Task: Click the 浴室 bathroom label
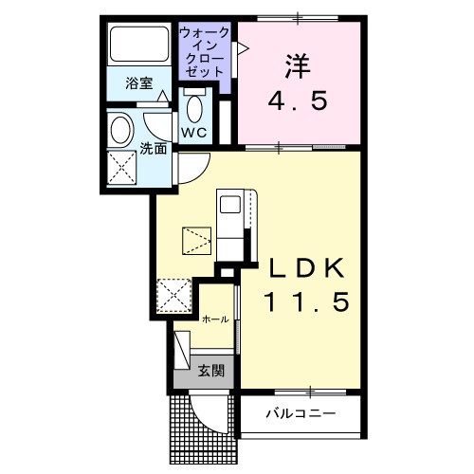[139, 83]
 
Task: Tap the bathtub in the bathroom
[139, 45]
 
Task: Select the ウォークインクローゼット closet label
[205, 52]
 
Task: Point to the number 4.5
[299, 100]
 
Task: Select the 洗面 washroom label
[154, 149]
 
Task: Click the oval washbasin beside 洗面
[120, 128]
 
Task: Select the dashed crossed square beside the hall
[174, 295]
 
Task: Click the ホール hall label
[214, 319]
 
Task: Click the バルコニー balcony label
[300, 414]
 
